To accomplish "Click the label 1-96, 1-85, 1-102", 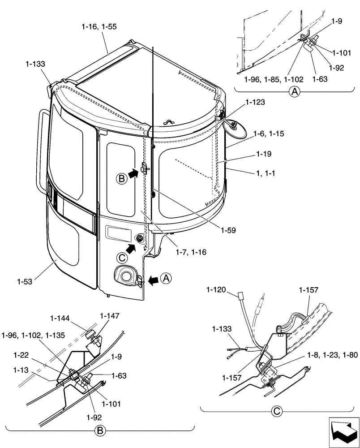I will coord(274,79).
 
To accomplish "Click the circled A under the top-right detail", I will coord(294,92).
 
